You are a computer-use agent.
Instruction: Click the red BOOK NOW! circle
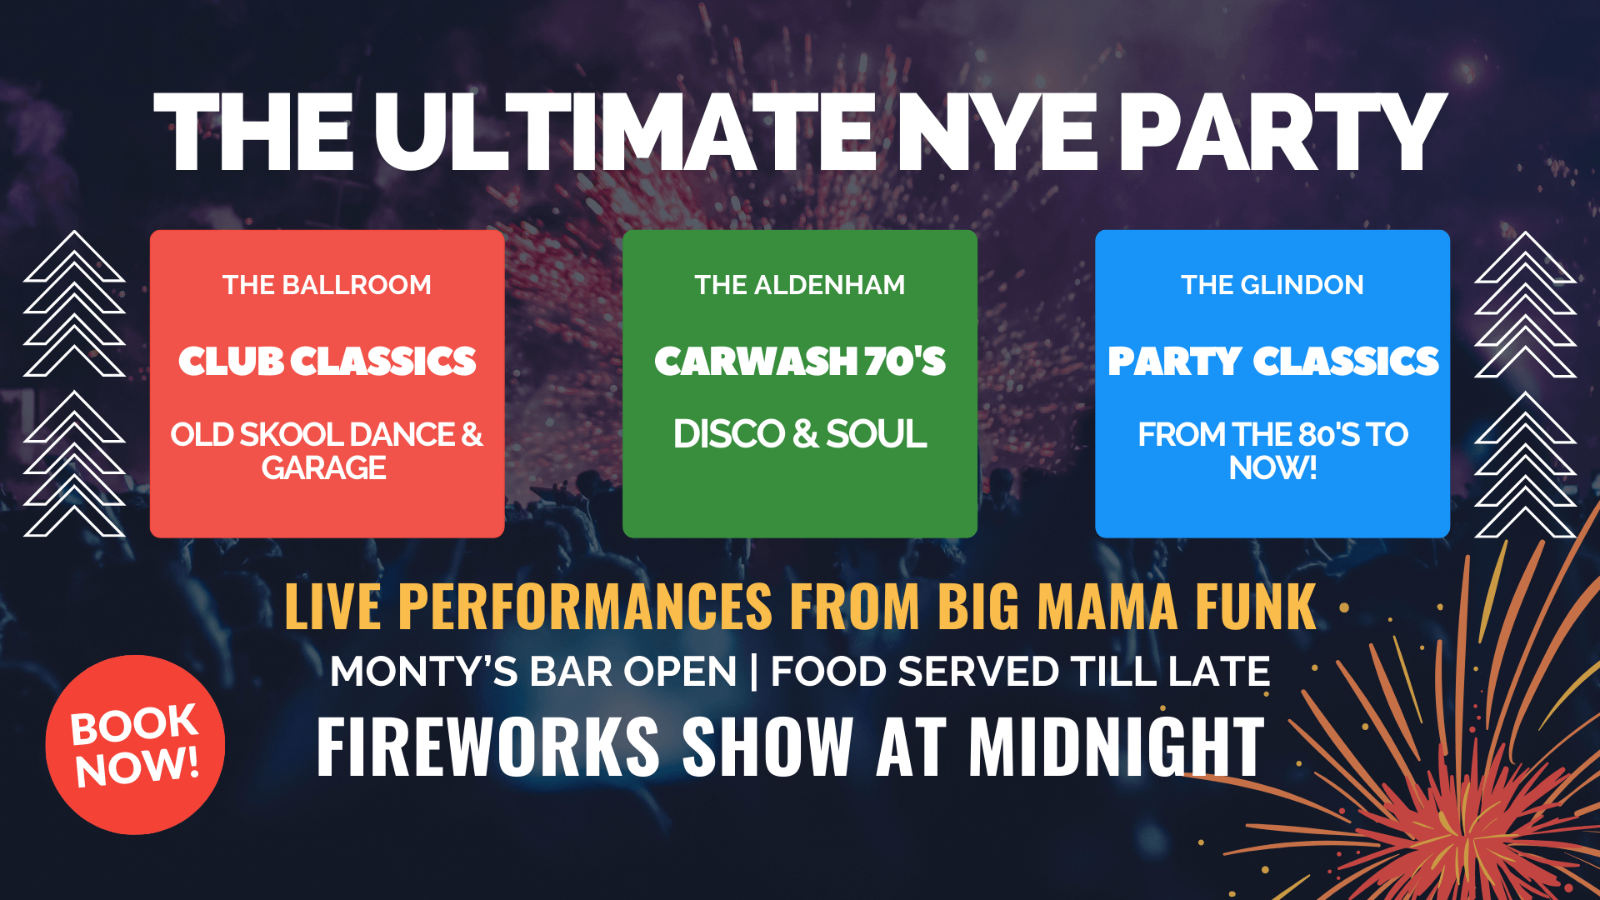135,745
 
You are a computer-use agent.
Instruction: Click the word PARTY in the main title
1282,133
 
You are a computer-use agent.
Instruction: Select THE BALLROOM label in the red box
327,285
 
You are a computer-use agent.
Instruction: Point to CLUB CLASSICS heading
327,361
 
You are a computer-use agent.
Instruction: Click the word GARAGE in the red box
324,468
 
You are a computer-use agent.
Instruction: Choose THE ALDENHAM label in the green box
800,285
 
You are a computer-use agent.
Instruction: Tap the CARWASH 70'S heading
800,361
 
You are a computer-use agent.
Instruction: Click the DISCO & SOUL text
800,434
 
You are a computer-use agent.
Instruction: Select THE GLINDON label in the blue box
1272,285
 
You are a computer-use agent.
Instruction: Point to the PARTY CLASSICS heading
1272,361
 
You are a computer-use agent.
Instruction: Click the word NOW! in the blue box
1272,468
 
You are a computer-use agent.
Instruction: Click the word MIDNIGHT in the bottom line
1117,747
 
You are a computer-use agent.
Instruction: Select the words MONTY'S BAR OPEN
533,672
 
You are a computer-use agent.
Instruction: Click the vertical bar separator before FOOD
754,672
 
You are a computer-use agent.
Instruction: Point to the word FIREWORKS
488,747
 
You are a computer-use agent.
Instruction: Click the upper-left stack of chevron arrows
74,303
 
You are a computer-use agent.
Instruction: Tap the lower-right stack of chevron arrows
1525,464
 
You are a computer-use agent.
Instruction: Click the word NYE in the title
997,133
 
